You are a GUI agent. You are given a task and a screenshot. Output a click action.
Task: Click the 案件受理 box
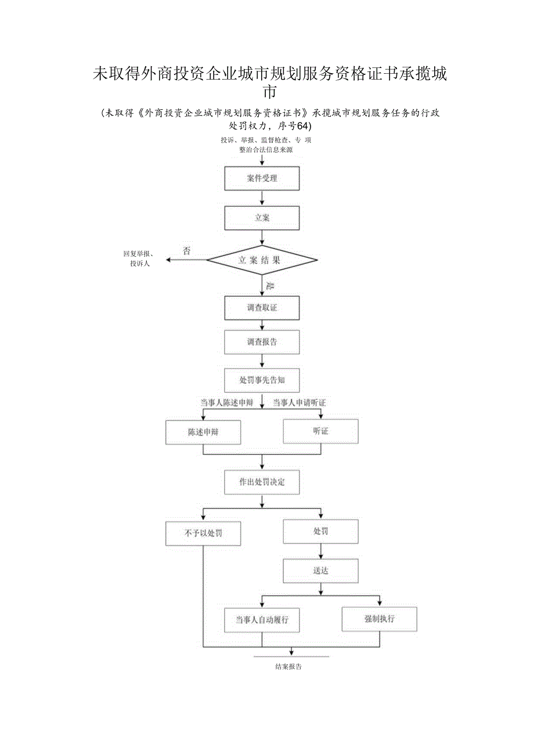click(x=262, y=178)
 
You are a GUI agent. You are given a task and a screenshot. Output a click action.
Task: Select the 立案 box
click(x=262, y=218)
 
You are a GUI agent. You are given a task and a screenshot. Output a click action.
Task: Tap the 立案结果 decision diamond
click(x=262, y=260)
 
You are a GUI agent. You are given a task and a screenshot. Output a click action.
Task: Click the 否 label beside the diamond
click(x=186, y=251)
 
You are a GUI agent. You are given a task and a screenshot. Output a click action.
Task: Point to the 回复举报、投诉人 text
click(x=138, y=259)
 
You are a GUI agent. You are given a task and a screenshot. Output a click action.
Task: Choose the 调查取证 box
click(x=262, y=307)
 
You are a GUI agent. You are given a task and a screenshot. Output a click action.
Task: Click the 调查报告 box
click(x=262, y=342)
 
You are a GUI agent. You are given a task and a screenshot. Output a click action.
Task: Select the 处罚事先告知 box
click(x=262, y=380)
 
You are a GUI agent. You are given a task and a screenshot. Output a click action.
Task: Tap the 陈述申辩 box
click(x=203, y=432)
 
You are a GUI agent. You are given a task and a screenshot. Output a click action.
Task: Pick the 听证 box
click(x=320, y=431)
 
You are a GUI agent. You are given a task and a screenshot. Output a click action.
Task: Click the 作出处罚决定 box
click(x=262, y=482)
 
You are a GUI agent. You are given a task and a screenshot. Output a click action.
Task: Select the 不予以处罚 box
click(x=203, y=533)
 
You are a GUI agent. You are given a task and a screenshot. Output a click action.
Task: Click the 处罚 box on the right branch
click(x=320, y=532)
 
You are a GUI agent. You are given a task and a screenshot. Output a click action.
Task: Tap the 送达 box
click(x=320, y=571)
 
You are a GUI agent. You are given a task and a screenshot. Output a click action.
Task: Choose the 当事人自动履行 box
click(x=262, y=620)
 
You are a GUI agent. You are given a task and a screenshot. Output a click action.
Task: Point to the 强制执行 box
click(x=379, y=619)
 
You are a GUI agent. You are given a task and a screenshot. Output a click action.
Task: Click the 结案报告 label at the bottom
click(x=288, y=667)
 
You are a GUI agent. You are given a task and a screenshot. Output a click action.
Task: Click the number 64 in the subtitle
click(x=304, y=126)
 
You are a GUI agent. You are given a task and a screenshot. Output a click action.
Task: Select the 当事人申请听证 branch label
click(x=300, y=403)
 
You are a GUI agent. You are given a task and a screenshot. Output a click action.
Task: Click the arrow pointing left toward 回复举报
click(x=171, y=260)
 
